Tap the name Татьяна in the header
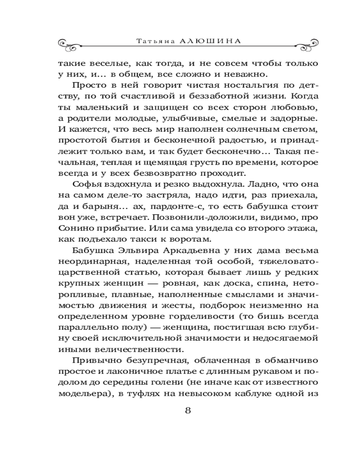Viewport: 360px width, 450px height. tap(152, 40)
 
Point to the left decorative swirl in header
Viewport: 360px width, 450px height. tap(72, 43)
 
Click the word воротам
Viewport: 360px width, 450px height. tap(194, 238)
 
